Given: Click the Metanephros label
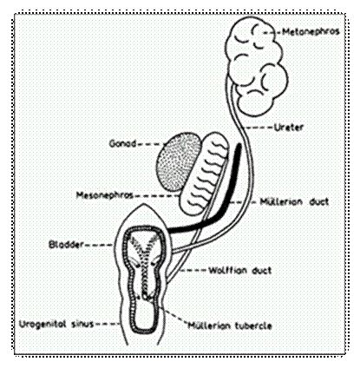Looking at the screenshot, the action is click(311, 31).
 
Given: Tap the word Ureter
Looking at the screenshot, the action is click(288, 128).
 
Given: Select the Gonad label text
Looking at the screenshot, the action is click(122, 143).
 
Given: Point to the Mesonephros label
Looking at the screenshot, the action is click(104, 195).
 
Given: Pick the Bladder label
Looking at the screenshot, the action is click(66, 245).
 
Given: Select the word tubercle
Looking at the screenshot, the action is click(253, 325).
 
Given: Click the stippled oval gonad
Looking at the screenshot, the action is click(180, 162).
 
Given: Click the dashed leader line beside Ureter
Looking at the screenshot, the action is click(259, 128).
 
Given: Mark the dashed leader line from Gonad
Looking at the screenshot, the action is click(150, 144).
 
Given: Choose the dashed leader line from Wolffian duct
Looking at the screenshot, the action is click(193, 271).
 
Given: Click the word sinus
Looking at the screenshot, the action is click(82, 324).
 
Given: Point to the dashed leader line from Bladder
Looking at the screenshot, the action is click(98, 245).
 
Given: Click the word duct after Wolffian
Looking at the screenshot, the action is click(262, 271).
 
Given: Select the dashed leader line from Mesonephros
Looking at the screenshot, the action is click(156, 196).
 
